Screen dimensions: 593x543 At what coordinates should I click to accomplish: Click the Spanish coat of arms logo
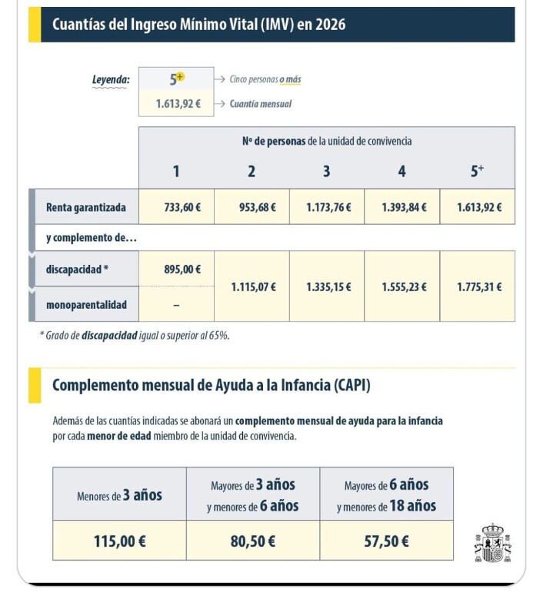click(x=493, y=543)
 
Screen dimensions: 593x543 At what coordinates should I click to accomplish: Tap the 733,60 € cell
click(x=176, y=207)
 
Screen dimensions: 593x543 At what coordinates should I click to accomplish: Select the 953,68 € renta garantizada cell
click(x=252, y=207)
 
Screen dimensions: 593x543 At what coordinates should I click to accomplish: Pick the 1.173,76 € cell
click(x=327, y=207)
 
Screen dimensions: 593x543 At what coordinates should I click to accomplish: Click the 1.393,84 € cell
click(x=402, y=207)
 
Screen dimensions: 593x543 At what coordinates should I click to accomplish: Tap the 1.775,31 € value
click(x=478, y=286)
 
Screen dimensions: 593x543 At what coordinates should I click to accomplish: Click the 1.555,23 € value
click(x=402, y=286)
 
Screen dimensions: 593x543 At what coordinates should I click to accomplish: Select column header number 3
click(x=327, y=171)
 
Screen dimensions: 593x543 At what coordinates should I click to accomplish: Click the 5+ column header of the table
click(x=478, y=171)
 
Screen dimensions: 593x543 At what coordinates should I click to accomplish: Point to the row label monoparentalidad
click(x=86, y=305)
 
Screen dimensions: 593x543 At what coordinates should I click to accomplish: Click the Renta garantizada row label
click(x=86, y=207)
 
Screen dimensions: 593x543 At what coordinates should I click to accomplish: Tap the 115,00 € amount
click(x=120, y=541)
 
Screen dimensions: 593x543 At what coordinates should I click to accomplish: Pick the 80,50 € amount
click(x=253, y=541)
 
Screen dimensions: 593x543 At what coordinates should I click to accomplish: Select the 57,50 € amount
click(x=387, y=541)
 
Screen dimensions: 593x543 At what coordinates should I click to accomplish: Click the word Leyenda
click(x=111, y=79)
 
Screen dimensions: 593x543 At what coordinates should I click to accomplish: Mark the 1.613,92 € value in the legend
click(x=173, y=104)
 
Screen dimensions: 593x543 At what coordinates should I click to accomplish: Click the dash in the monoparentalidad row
click(x=176, y=305)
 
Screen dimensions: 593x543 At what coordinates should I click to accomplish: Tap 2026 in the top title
click(x=329, y=25)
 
